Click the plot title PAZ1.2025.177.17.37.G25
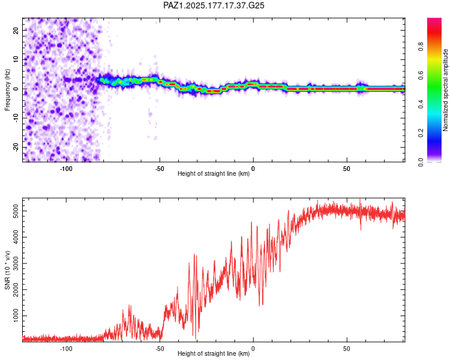(x=214, y=5)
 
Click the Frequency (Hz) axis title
(x=7, y=90)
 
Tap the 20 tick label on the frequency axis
(x=16, y=30)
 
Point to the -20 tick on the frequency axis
(x=16, y=148)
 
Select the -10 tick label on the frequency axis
(x=16, y=118)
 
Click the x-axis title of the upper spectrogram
(x=214, y=173)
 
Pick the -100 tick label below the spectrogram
(x=66, y=169)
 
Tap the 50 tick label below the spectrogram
(x=347, y=169)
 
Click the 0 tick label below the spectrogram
(x=253, y=169)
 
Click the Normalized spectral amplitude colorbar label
(x=445, y=90)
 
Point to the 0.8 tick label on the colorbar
(x=421, y=47)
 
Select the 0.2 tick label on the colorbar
(x=421, y=133)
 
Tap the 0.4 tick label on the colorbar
(x=421, y=104)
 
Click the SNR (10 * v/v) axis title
(x=7, y=270)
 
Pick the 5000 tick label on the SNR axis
(x=16, y=211)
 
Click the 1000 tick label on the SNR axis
(x=16, y=316)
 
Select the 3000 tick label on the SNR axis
(x=16, y=263)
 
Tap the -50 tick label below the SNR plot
(x=160, y=349)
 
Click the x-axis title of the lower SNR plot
(x=214, y=353)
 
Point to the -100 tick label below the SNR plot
(x=66, y=349)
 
